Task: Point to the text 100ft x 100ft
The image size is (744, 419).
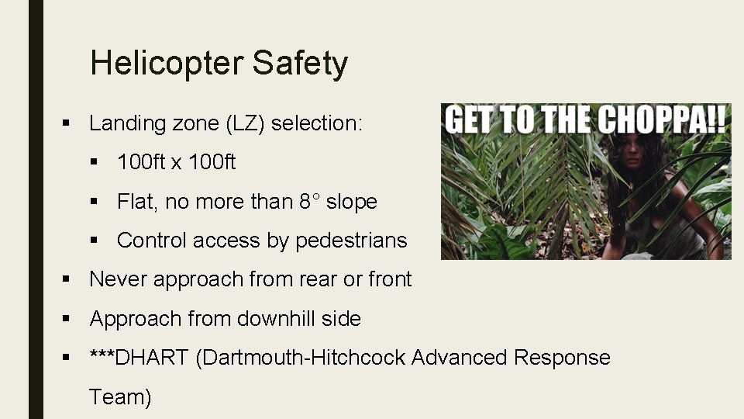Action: click(x=177, y=162)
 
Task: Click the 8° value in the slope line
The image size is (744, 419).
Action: click(x=309, y=202)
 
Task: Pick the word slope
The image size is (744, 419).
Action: click(x=351, y=202)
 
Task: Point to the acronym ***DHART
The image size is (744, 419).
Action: click(x=139, y=358)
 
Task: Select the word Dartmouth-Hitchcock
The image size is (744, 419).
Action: click(x=302, y=358)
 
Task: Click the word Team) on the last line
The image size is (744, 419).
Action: click(x=120, y=397)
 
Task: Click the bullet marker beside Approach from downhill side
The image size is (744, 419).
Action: click(x=68, y=319)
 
